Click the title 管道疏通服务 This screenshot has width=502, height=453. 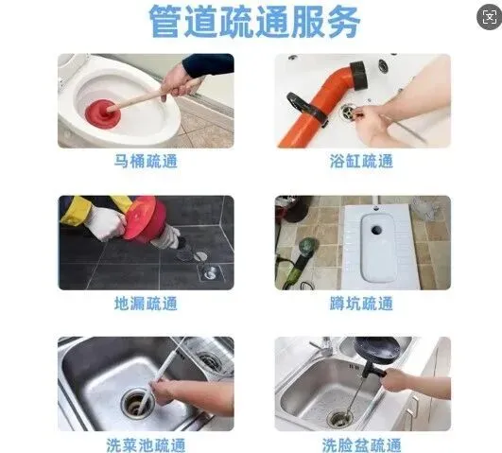click(254, 21)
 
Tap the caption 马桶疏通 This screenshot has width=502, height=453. click(146, 161)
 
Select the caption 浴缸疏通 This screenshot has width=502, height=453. click(361, 161)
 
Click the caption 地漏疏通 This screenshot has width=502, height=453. click(146, 304)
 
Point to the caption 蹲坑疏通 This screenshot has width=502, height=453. click(361, 304)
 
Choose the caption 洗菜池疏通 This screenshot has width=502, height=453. click(146, 445)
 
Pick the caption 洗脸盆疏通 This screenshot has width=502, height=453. click(361, 445)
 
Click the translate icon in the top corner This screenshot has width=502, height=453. click(489, 17)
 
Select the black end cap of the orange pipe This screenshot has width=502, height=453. click(359, 76)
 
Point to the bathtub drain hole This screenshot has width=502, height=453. click(347, 113)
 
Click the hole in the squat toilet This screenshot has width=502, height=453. click(376, 230)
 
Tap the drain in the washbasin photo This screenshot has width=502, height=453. click(339, 417)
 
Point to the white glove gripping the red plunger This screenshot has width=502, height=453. click(106, 222)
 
